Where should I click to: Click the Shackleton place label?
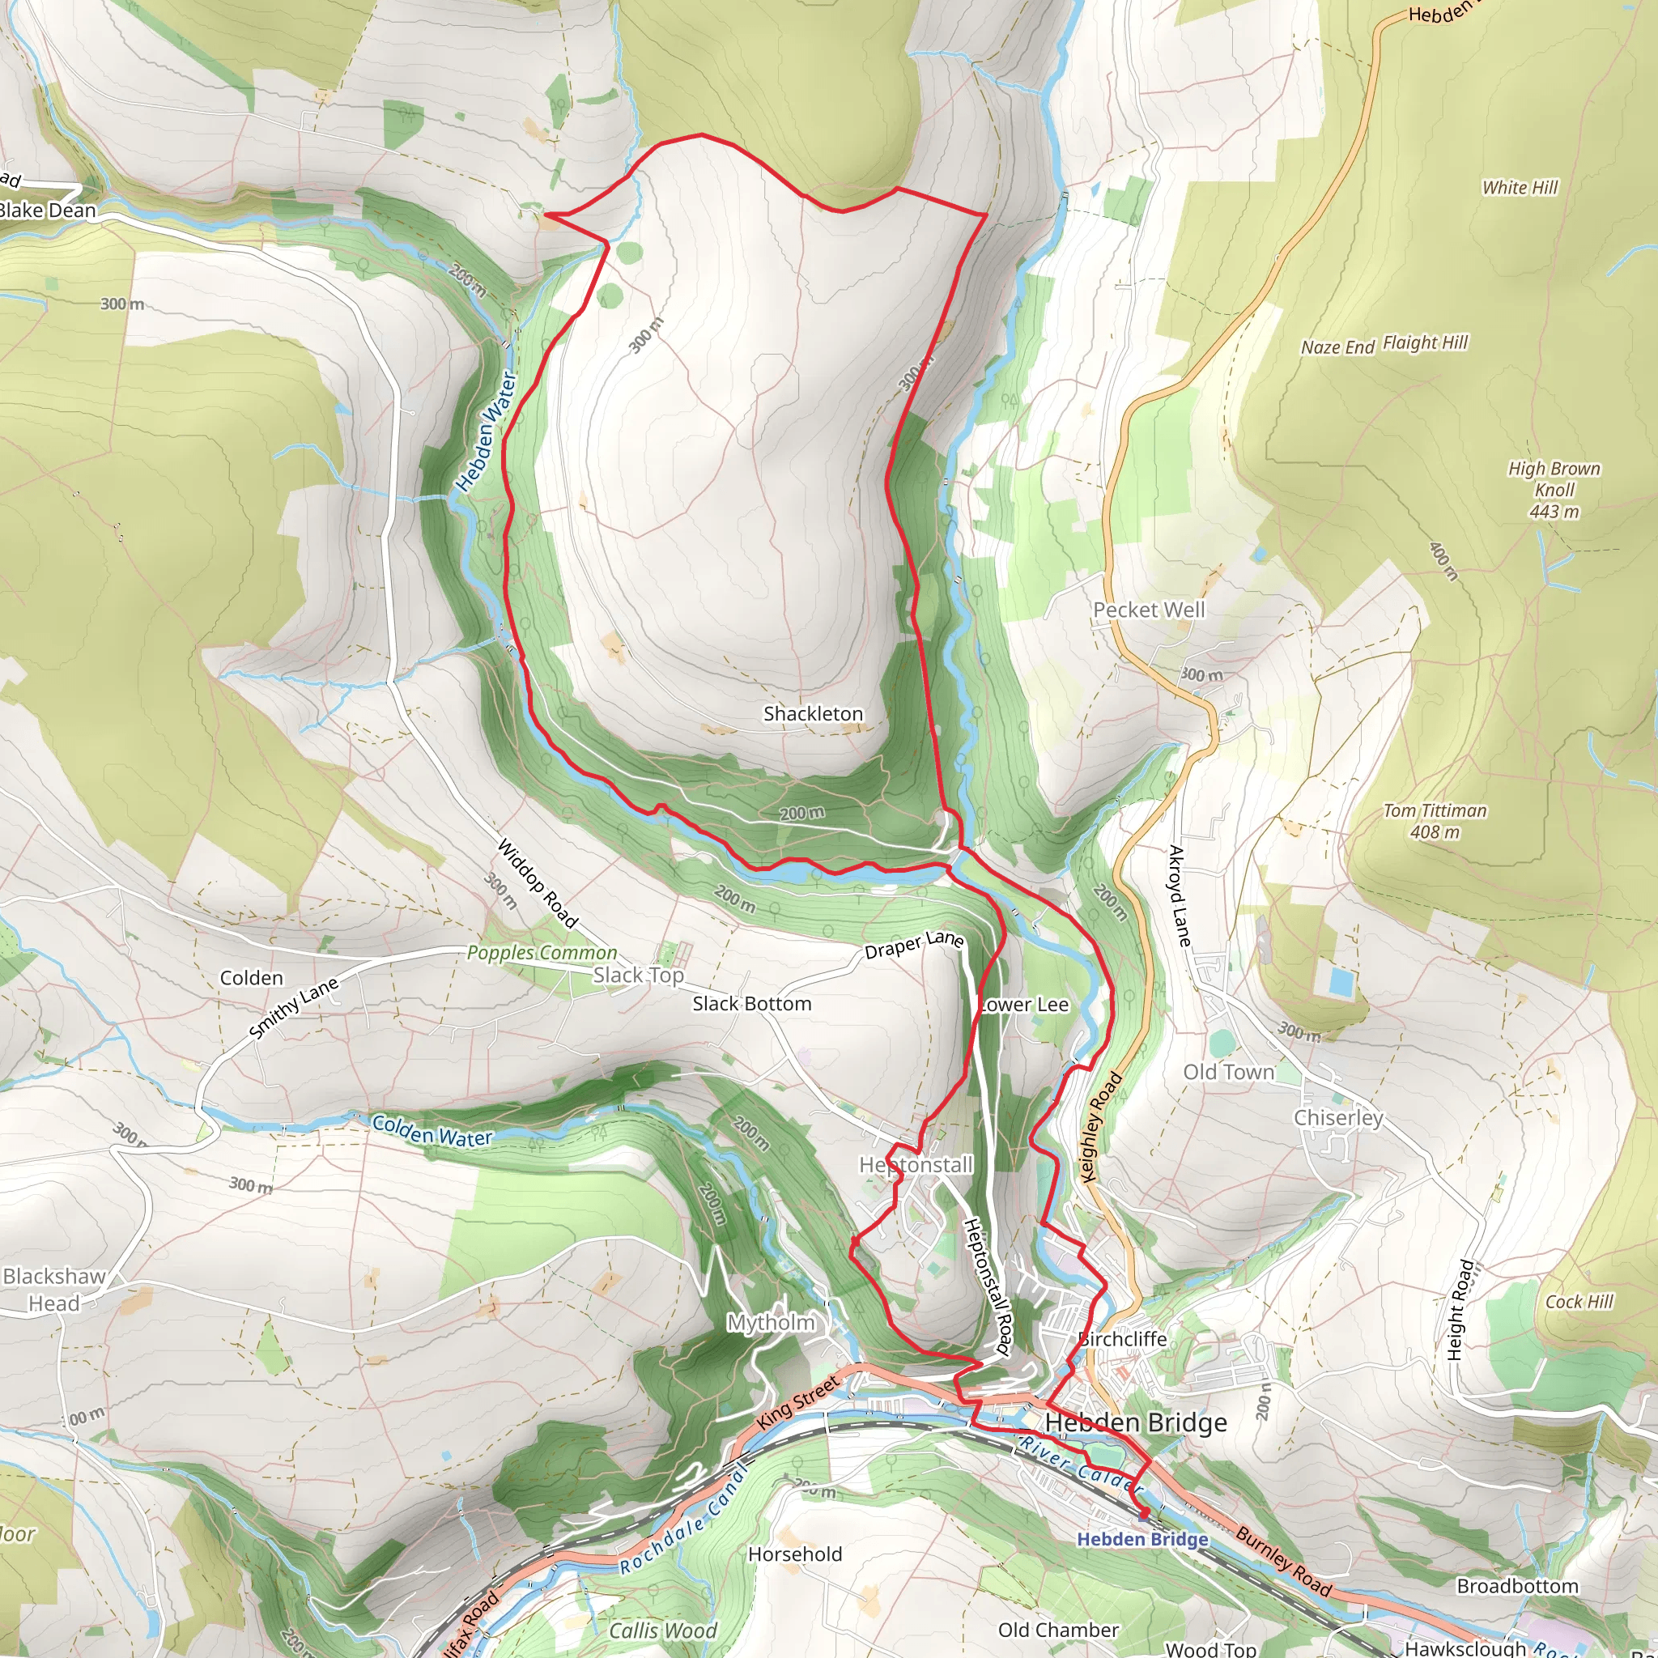[813, 714]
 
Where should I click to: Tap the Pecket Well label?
[1148, 610]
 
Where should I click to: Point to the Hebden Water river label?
[486, 431]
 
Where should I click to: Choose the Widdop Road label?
[538, 883]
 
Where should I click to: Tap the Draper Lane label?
[914, 945]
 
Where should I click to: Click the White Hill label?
[1519, 187]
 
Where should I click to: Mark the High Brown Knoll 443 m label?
[1554, 490]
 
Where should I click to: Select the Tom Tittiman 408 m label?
[1434, 820]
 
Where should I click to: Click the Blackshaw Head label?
[54, 1290]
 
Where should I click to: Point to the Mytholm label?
[771, 1323]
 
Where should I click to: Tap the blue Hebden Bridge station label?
[1142, 1539]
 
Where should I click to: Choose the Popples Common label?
[542, 954]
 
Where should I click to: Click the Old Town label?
[1228, 1073]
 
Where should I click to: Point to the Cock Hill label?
[1579, 1302]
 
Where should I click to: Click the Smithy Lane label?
[295, 1010]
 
